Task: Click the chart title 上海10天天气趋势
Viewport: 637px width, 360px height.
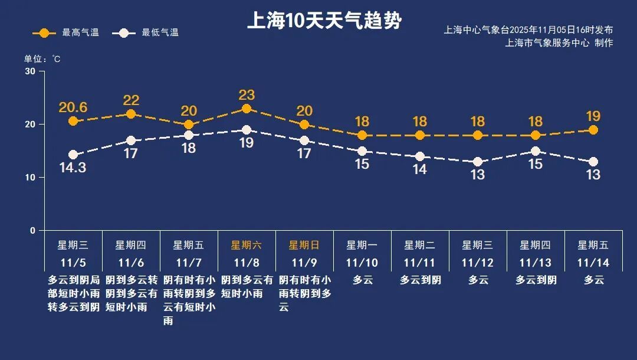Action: tap(324, 21)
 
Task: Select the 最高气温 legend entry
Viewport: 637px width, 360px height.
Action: tap(65, 32)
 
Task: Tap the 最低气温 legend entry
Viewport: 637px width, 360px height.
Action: tap(149, 32)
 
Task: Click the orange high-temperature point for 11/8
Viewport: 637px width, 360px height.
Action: tap(247, 109)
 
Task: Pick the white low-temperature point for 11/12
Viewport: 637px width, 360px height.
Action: tap(478, 162)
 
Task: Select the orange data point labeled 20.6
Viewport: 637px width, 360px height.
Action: tap(73, 121)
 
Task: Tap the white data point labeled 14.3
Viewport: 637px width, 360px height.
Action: tap(73, 155)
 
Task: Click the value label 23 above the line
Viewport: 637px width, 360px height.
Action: tap(247, 94)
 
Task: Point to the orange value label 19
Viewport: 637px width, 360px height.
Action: tap(593, 116)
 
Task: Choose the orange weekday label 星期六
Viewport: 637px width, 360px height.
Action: tap(247, 245)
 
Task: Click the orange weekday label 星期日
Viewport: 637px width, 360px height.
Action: tap(304, 245)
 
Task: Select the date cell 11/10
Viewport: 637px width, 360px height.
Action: tap(362, 263)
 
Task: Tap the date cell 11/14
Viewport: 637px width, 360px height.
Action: tap(593, 263)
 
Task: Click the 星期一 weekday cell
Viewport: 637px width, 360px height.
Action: tap(362, 245)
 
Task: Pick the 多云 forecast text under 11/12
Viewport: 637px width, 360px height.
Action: tap(478, 280)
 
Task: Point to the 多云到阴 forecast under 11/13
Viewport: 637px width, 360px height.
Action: tap(536, 280)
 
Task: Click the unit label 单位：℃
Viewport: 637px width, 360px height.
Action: tap(42, 59)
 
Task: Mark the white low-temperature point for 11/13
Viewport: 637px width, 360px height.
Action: tap(536, 151)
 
